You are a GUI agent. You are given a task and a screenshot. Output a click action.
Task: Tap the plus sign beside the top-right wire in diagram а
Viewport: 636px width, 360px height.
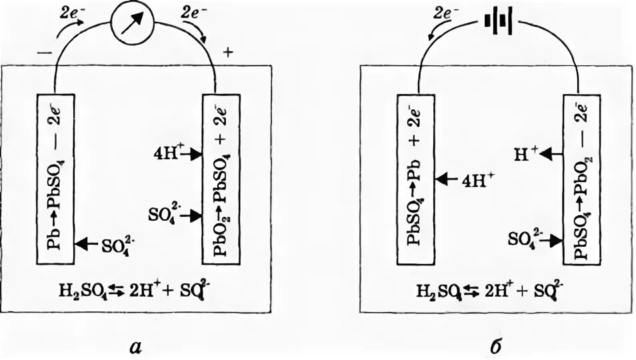(x=230, y=51)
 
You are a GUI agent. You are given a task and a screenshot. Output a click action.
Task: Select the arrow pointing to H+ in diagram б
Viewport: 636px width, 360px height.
(x=551, y=154)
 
